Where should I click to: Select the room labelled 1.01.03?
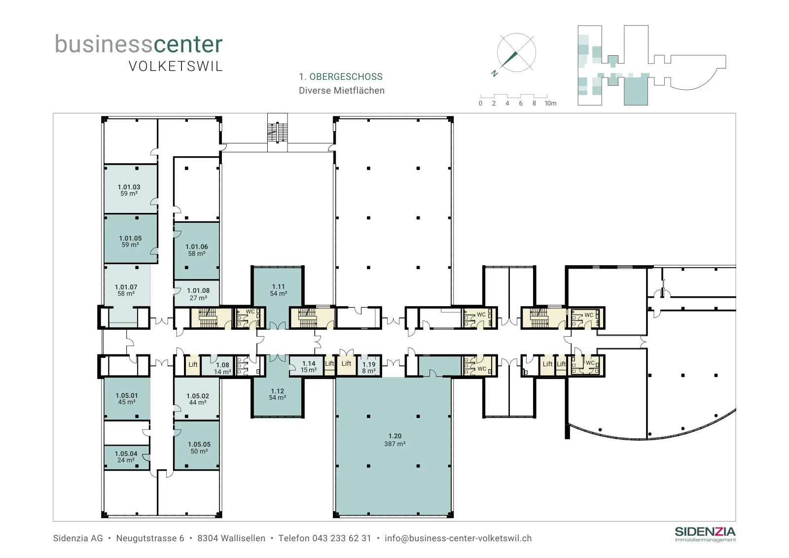point(130,189)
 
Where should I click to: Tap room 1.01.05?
point(130,239)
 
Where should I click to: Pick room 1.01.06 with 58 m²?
point(197,251)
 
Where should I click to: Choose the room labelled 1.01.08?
point(197,293)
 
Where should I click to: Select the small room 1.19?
point(368,366)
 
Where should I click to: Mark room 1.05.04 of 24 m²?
point(126,457)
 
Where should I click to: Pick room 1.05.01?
point(127,398)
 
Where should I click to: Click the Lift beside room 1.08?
point(193,365)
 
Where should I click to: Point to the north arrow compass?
point(516,53)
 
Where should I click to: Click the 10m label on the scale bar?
point(550,104)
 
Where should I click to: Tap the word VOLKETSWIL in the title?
point(176,67)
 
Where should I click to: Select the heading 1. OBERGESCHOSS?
point(341,77)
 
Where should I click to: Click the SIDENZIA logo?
point(705,534)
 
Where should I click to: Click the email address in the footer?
point(458,538)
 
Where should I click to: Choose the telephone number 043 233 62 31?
point(342,538)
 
